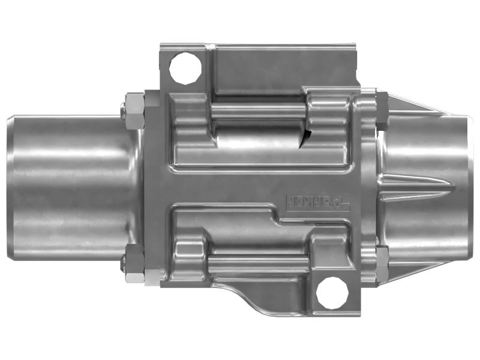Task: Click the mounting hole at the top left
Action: (185, 68)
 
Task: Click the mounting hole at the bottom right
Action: (332, 292)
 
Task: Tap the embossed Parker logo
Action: (319, 201)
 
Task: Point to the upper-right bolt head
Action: (381, 110)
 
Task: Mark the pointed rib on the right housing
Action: (414, 183)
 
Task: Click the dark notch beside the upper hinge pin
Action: (307, 137)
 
